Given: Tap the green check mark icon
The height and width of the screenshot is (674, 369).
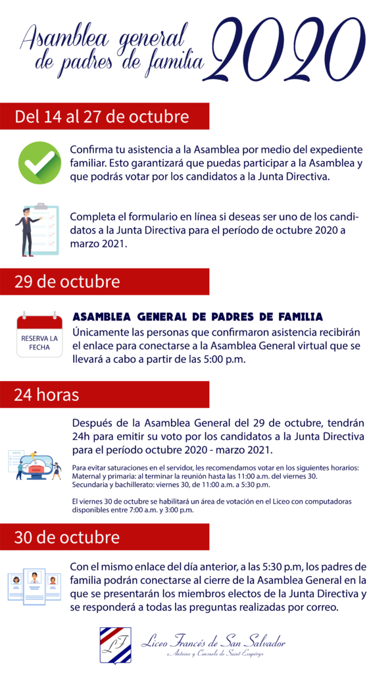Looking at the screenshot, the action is tap(39, 163).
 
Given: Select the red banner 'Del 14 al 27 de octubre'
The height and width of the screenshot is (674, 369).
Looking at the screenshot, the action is tap(102, 117).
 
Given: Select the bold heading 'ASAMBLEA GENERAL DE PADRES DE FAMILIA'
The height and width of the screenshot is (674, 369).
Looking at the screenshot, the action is tap(197, 317).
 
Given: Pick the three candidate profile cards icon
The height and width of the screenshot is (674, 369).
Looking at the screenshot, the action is tap(35, 584).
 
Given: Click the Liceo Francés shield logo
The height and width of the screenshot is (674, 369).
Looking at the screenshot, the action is tap(114, 645).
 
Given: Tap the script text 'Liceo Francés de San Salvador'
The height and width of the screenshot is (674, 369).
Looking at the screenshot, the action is tap(213, 640).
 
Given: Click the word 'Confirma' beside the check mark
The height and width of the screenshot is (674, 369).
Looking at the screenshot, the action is tap(94, 149).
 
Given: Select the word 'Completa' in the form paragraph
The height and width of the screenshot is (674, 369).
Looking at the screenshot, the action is tap(95, 217).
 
